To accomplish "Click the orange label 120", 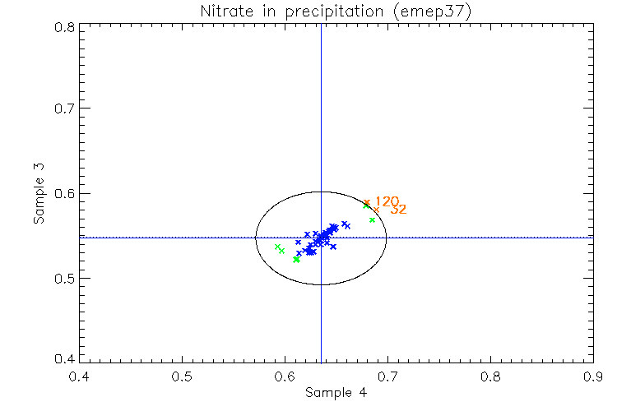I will click(387, 201).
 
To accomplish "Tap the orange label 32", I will click(398, 210).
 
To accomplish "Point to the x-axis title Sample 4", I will click(336, 393).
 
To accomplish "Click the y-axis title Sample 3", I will click(38, 195).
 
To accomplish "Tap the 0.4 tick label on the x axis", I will click(79, 377).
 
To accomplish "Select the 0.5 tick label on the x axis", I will click(182, 377).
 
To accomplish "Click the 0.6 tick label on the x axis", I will click(285, 377).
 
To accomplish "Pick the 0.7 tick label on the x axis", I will click(387, 377).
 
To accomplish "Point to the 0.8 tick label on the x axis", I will click(490, 377).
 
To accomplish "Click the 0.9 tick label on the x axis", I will click(593, 377).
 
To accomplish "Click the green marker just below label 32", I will click(372, 220).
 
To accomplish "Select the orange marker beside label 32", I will click(376, 210).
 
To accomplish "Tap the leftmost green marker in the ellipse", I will click(277, 247).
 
